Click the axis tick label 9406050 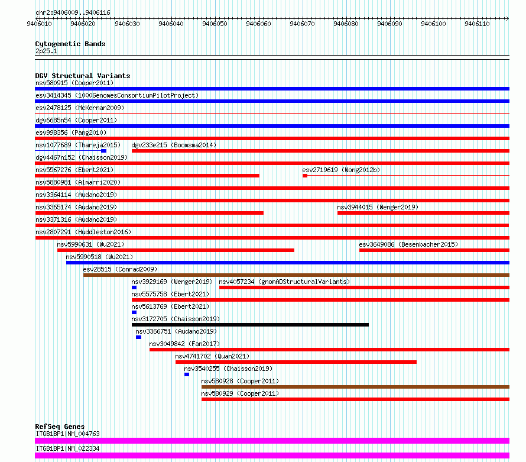pyautogui.click(x=215, y=24)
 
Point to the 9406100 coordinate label pyautogui.click(x=433, y=24)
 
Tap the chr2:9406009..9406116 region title pyautogui.click(x=73, y=13)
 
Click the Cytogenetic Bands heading pyautogui.click(x=70, y=44)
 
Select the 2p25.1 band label pyautogui.click(x=46, y=51)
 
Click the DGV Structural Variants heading pyautogui.click(x=83, y=76)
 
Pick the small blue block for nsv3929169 pyautogui.click(x=134, y=287)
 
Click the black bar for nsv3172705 pyautogui.click(x=250, y=325)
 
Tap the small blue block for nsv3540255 pyautogui.click(x=187, y=374)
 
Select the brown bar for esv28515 pyautogui.click(x=296, y=275)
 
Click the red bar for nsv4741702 pyautogui.click(x=296, y=362)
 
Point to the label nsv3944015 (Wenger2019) pyautogui.click(x=378, y=207)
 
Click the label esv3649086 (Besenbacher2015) pyautogui.click(x=408, y=244)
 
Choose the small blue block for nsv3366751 pyautogui.click(x=138, y=337)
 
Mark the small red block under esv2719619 pyautogui.click(x=305, y=176)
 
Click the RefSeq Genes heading pyautogui.click(x=60, y=427)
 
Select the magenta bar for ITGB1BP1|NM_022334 pyautogui.click(x=272, y=455)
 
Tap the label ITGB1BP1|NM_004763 pyautogui.click(x=67, y=434)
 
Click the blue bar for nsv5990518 pyautogui.click(x=288, y=263)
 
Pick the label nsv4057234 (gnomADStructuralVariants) pyautogui.click(x=284, y=282)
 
